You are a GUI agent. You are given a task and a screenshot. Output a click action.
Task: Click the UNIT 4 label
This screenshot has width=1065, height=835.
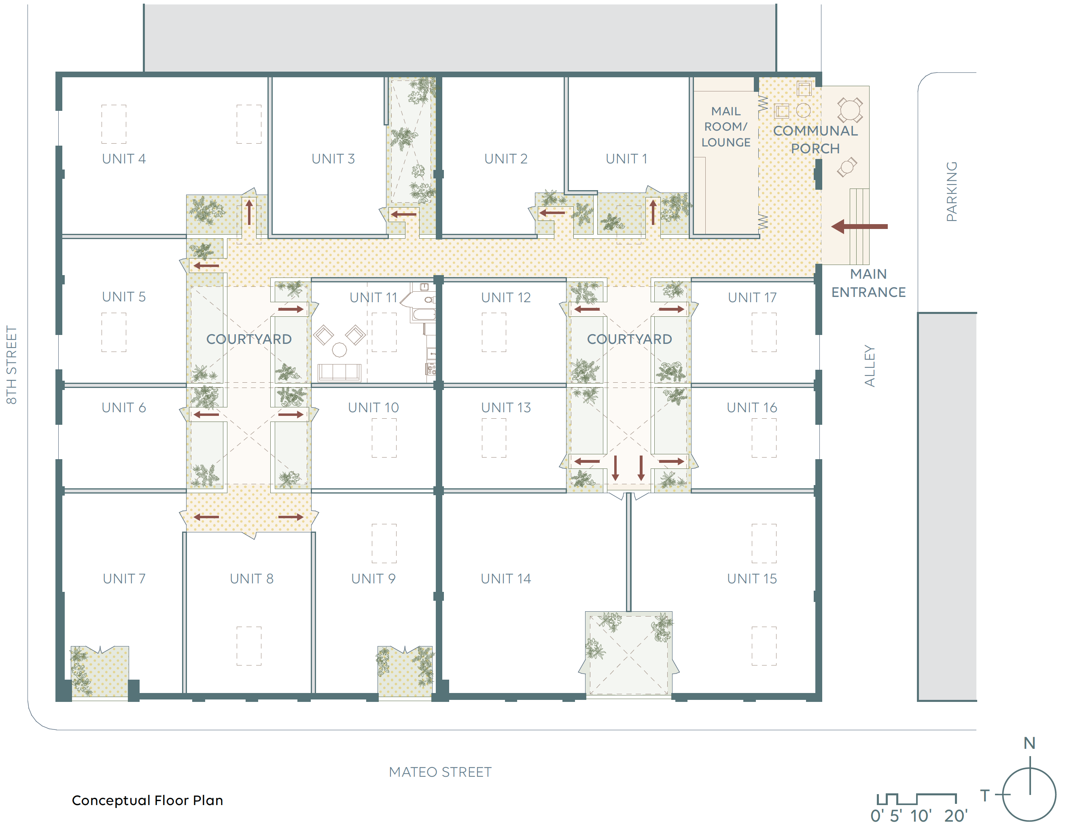tap(124, 159)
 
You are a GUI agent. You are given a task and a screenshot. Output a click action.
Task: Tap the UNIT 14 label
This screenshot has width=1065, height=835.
tap(506, 579)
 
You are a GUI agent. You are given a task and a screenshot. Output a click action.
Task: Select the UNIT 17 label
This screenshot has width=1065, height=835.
tap(752, 298)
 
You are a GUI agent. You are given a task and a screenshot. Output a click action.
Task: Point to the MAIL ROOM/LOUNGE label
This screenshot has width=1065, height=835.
tap(726, 127)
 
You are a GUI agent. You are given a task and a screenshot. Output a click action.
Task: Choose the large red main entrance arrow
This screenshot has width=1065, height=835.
tap(859, 227)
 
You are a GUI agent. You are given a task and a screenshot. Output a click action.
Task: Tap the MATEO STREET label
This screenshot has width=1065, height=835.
tap(440, 772)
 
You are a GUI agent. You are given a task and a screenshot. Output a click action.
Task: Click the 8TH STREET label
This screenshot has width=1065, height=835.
tap(11, 365)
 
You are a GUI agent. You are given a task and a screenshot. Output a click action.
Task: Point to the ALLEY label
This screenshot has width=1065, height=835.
tap(869, 366)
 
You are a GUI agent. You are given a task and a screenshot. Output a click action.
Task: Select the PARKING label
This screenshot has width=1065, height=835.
tap(952, 191)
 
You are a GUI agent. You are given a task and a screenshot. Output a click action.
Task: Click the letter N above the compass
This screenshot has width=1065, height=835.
tap(1029, 743)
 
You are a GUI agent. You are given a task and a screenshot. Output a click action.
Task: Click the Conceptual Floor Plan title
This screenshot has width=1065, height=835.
tap(147, 800)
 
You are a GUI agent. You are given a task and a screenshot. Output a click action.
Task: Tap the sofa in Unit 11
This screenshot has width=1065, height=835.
tap(339, 372)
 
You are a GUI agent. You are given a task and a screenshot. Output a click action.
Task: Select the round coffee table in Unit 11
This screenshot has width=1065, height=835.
tap(339, 350)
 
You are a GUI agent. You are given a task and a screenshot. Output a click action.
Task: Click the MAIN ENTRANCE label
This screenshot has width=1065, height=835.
tap(868, 283)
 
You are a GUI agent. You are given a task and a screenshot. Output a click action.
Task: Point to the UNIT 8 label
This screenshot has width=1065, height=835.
tap(251, 579)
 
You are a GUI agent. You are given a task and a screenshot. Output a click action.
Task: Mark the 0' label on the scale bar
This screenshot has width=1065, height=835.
tap(877, 816)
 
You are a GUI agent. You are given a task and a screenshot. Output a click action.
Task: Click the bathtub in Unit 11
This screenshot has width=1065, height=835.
tap(423, 314)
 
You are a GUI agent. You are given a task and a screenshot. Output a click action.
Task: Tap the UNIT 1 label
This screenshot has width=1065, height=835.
tap(626, 159)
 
